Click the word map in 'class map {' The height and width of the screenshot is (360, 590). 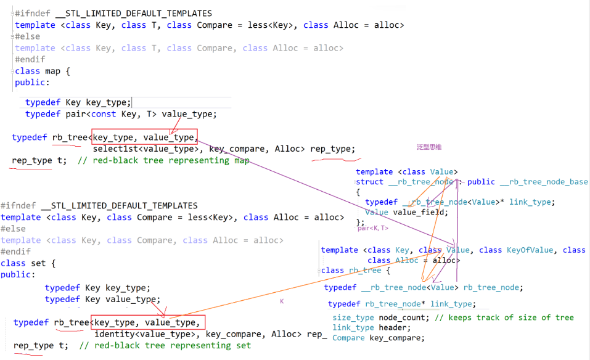(x=52, y=71)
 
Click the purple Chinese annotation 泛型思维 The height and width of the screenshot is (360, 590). (x=429, y=147)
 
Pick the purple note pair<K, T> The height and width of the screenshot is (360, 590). (x=373, y=228)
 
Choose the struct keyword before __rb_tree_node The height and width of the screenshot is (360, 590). (x=370, y=182)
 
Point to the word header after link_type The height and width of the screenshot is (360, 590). (x=393, y=327)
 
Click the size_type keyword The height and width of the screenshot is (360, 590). (x=353, y=317)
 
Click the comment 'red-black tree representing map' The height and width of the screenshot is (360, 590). (x=171, y=160)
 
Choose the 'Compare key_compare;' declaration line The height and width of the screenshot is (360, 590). (x=379, y=337)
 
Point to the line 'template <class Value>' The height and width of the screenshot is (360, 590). (x=407, y=172)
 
